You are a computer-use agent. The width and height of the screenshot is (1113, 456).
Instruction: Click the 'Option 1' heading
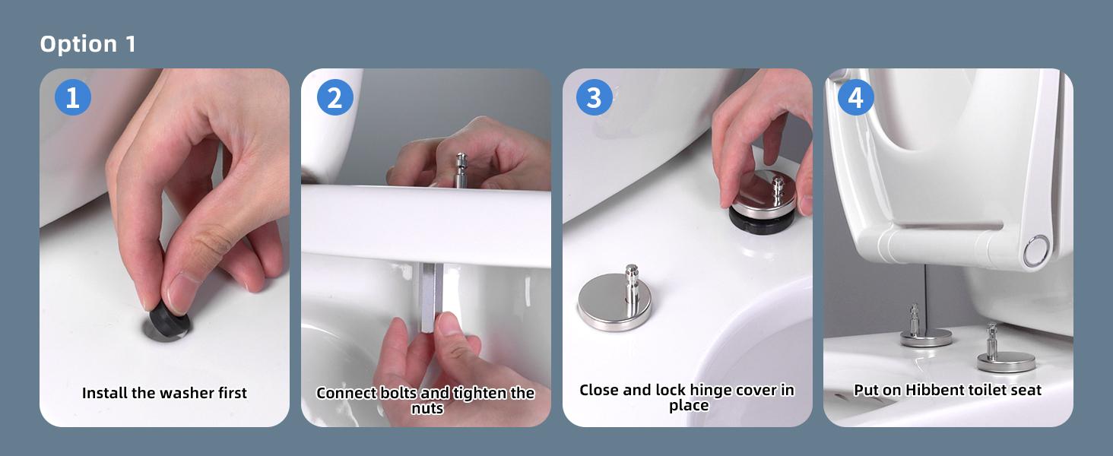tap(87, 44)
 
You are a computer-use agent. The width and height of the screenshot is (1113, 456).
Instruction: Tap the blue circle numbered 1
tap(72, 97)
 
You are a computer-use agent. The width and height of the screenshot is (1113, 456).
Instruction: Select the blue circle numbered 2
tap(335, 97)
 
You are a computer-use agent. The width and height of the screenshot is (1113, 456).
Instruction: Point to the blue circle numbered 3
tap(595, 97)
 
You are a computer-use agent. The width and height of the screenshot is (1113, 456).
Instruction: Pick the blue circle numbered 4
tap(855, 97)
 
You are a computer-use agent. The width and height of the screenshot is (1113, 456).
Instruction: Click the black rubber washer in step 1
tap(169, 321)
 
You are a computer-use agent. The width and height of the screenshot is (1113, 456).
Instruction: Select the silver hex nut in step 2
tap(431, 298)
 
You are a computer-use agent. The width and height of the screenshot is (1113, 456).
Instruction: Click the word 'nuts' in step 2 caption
tap(427, 408)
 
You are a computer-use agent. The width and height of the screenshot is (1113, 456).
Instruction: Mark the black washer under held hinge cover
tap(761, 221)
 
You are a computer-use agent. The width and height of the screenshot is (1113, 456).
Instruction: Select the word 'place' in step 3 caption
tap(689, 406)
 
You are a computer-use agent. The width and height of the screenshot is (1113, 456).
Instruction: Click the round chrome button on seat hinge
tap(1037, 251)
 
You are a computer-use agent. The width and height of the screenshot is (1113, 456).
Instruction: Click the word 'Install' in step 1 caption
tap(103, 393)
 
